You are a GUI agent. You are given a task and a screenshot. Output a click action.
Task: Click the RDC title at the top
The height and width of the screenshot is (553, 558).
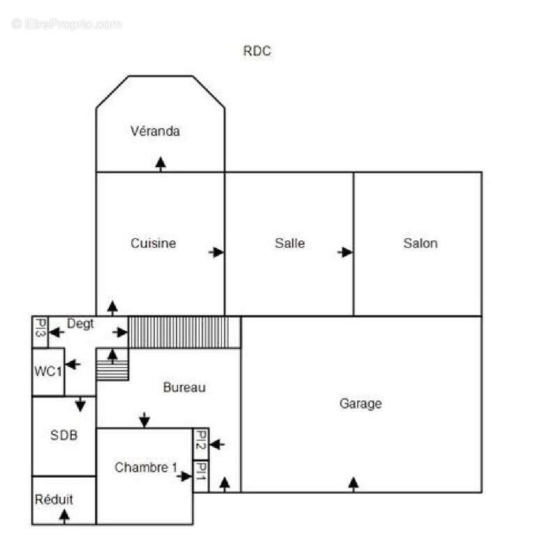257,51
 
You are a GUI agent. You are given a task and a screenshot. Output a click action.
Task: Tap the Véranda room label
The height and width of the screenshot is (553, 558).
155,131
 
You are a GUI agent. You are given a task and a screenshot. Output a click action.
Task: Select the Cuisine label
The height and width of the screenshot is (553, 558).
153,243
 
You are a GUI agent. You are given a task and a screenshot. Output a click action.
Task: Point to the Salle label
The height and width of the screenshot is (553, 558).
289,243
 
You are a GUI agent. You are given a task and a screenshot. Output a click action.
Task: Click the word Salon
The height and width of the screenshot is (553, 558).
421,243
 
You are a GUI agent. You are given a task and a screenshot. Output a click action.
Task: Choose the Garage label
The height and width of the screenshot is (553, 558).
361,404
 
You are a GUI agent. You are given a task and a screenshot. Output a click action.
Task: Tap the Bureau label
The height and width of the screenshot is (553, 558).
184,387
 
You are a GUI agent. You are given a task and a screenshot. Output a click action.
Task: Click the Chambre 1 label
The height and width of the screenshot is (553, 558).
146,467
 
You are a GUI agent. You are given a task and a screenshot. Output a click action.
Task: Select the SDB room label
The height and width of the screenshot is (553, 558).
63,435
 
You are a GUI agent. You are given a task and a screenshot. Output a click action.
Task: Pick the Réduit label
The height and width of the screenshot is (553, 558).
54,499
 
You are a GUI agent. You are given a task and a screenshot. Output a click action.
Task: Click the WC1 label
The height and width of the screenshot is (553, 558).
48,371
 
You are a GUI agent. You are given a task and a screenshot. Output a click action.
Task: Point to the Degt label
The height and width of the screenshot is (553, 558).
80,324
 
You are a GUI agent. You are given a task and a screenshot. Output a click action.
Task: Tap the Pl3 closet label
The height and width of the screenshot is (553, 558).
40,327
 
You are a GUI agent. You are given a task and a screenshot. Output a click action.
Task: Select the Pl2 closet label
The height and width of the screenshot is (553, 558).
201,440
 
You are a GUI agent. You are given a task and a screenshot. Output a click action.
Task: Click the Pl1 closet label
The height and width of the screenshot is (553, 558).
201,472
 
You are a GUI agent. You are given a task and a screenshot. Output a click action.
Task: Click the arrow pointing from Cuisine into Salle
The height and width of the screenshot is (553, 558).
216,252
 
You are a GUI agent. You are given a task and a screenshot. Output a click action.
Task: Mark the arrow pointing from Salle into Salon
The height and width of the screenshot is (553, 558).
345,252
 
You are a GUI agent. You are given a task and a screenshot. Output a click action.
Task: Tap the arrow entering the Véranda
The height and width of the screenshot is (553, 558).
160,164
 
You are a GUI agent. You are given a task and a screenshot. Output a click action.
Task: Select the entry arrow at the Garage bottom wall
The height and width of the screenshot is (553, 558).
353,485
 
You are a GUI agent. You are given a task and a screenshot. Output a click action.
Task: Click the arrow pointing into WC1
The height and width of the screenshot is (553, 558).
73,364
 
